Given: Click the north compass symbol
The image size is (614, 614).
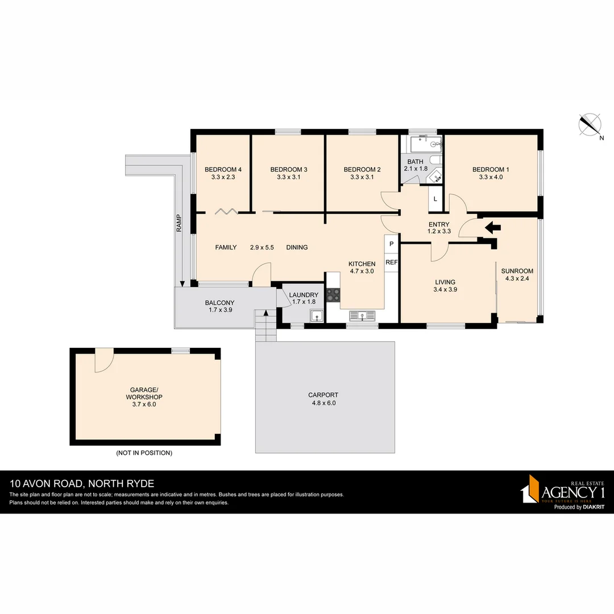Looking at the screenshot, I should coord(590,125).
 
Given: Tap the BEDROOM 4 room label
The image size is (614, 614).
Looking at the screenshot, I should coord(223,169).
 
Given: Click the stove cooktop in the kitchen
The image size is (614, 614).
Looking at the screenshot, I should coord(333,294).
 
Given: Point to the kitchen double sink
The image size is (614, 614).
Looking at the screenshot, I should coord(362,316).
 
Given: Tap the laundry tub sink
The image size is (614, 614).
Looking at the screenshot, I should coord(316,316).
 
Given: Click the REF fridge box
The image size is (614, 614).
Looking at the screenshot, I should coord(391,263).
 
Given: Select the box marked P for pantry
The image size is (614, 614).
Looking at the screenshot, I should coord(391,243).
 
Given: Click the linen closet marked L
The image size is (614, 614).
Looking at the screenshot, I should coord(435,199).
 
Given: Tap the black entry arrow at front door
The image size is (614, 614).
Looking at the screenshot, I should coord(492,227).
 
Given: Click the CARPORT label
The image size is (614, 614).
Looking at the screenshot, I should coord(323,395).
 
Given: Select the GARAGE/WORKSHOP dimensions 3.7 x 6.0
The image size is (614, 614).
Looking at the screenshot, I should coord(145,405).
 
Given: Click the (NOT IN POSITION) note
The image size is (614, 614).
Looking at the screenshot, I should coord(144,453).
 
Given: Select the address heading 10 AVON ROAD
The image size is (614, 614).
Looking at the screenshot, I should coord(82,484).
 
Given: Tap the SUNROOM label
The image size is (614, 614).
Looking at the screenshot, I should coord(517,271).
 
